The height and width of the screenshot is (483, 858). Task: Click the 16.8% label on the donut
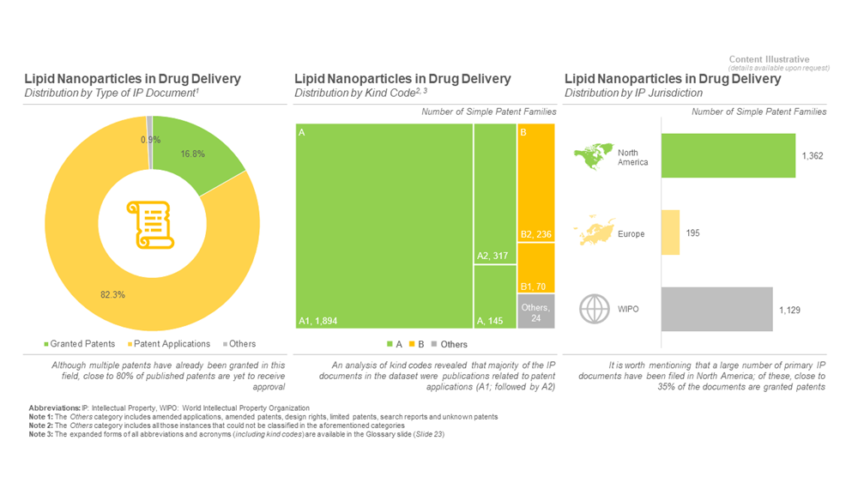[x=192, y=154]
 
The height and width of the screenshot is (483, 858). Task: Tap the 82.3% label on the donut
[x=112, y=294]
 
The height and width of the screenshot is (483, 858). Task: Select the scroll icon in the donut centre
[x=151, y=226]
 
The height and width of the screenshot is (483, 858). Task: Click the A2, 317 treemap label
[x=493, y=255]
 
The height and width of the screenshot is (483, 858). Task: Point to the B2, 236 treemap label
[x=536, y=234]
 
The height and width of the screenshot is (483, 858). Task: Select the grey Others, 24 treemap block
[x=535, y=311]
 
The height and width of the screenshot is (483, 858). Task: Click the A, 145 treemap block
[x=493, y=297]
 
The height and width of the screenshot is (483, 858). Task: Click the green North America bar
[x=728, y=155]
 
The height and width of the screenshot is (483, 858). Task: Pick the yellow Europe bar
[x=670, y=232]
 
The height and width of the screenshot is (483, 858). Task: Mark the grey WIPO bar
[x=716, y=310]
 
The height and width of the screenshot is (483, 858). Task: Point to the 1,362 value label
[x=813, y=156]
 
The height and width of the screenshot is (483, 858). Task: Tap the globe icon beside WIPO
[x=594, y=309]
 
